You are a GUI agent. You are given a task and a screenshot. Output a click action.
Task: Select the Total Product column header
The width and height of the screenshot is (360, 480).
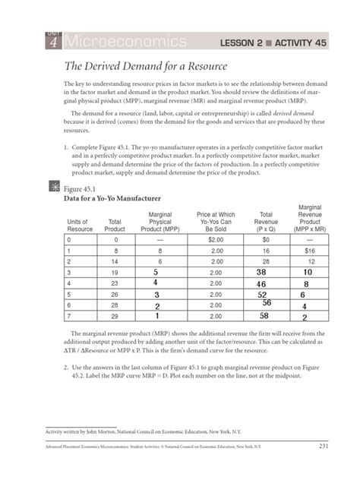[x=115, y=225]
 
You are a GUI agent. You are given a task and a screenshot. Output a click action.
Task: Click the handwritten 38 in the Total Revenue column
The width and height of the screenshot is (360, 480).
[x=263, y=271]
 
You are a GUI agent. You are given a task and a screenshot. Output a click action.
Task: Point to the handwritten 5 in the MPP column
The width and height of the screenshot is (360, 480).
[x=156, y=271]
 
